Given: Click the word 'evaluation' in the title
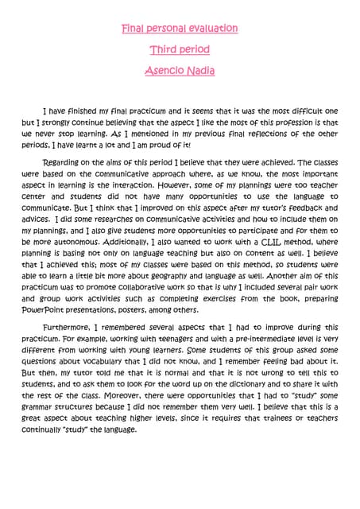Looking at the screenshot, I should coord(203,29).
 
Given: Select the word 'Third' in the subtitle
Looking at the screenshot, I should coord(165,50).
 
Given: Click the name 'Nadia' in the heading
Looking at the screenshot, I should coord(201,71).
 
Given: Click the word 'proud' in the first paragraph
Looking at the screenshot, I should coord(159,146).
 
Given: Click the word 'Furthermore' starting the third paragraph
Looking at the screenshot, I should coord(72,327).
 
